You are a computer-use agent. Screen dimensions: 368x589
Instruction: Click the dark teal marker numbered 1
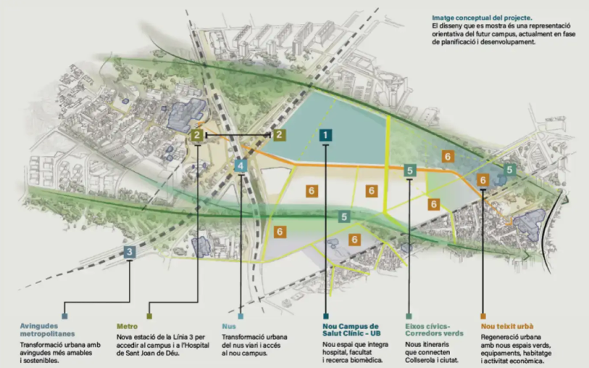[x=326, y=135]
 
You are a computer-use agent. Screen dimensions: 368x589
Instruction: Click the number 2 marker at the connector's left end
[x=197, y=135]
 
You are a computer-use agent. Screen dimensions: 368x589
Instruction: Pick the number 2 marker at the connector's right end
[x=279, y=135]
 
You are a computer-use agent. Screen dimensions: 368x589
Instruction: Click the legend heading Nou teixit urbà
[x=507, y=327]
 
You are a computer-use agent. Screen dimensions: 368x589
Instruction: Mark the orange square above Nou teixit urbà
[x=483, y=316]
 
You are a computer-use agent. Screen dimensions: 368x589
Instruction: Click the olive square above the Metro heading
[x=149, y=316]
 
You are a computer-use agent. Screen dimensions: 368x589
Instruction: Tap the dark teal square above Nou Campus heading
[x=326, y=316]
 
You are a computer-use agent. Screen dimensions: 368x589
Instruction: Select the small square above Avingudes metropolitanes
[x=64, y=316]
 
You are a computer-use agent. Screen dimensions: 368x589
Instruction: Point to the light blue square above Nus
[x=241, y=316]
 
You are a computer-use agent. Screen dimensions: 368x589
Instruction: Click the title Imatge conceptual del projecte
[x=483, y=17]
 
